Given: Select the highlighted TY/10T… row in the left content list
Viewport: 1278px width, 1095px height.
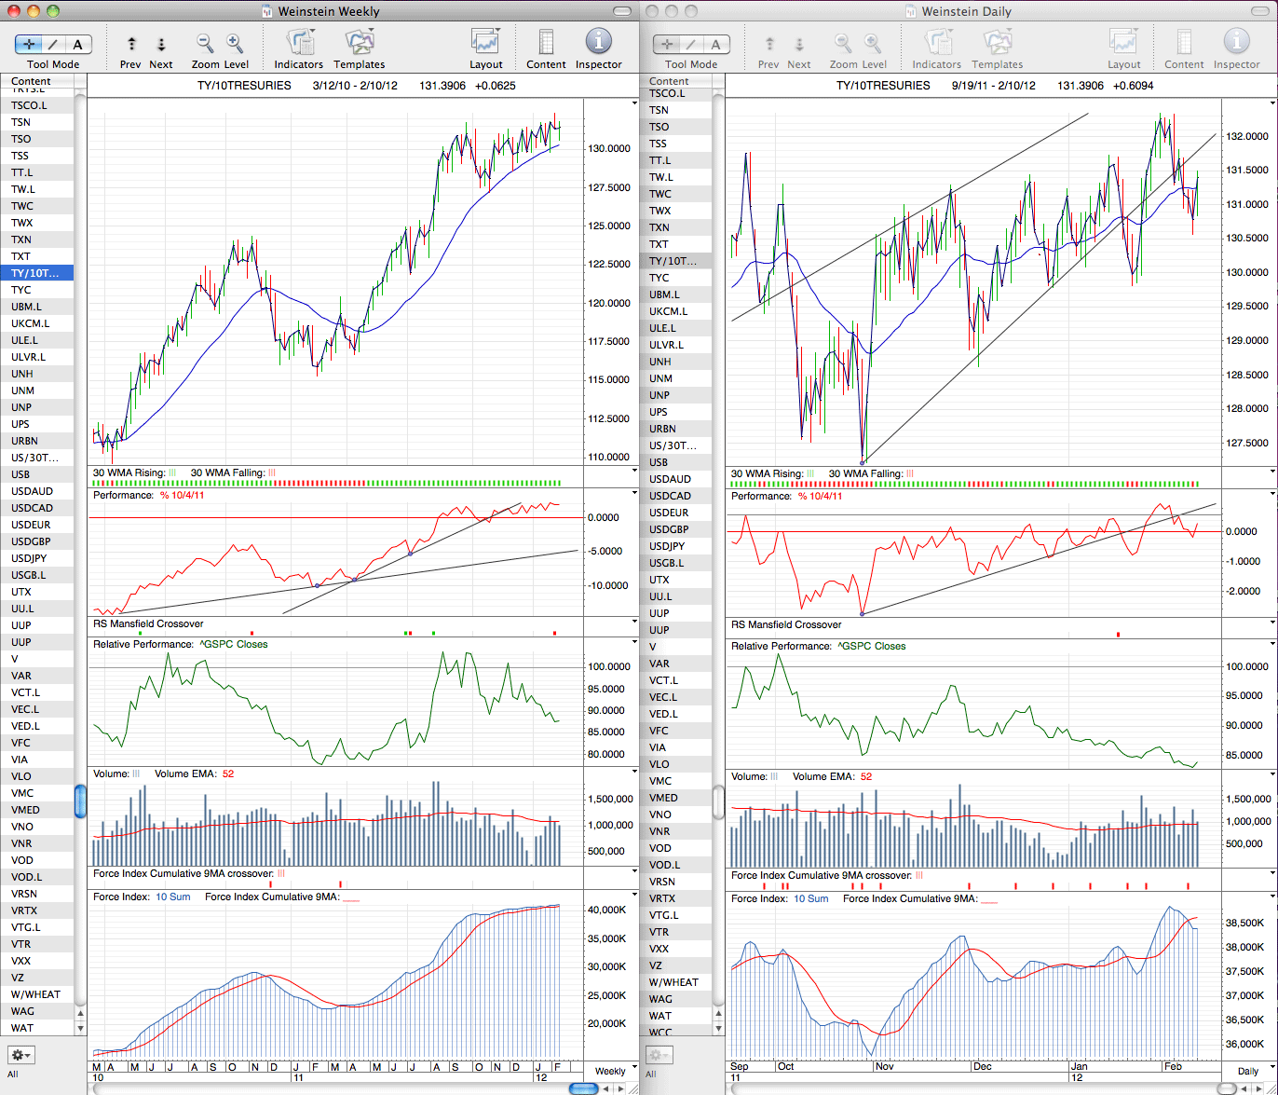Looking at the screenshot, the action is tap(37, 273).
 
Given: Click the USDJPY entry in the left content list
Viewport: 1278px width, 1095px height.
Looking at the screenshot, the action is tap(29, 558).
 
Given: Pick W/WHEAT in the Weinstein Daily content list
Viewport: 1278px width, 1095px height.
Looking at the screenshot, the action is tap(673, 982).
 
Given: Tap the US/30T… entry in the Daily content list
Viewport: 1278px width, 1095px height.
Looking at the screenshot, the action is tap(673, 445).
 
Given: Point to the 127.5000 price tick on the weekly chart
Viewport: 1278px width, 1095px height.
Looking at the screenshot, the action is tap(609, 187).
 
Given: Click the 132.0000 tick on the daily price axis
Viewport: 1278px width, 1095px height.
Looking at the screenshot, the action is tap(1247, 136).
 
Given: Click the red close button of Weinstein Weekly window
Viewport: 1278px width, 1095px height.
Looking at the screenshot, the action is tap(13, 10).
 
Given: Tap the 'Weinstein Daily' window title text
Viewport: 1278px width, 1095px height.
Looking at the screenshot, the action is tap(966, 11).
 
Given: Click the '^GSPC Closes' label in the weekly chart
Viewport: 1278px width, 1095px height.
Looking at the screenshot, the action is tap(234, 644).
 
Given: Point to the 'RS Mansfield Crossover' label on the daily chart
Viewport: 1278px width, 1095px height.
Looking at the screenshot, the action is tap(786, 624).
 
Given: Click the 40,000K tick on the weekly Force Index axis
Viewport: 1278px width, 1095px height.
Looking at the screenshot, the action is tap(606, 910).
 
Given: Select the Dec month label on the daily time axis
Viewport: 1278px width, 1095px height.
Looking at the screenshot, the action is tap(982, 1066).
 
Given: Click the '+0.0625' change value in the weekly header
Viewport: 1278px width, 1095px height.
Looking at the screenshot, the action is tap(496, 86).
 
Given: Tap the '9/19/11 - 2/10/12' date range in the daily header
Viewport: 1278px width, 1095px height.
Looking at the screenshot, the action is tap(994, 86).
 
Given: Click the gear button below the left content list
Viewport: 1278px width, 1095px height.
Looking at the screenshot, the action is tap(20, 1055).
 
